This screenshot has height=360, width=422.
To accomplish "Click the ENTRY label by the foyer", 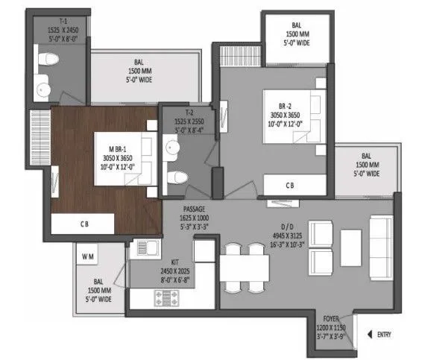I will pos(384,335).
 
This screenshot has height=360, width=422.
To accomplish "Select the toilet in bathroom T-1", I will pos(45,60).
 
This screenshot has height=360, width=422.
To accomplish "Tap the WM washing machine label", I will pos(87,257).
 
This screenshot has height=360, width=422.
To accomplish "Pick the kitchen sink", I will pos(141,250).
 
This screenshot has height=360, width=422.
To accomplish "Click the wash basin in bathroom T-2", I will pos(172,149).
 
